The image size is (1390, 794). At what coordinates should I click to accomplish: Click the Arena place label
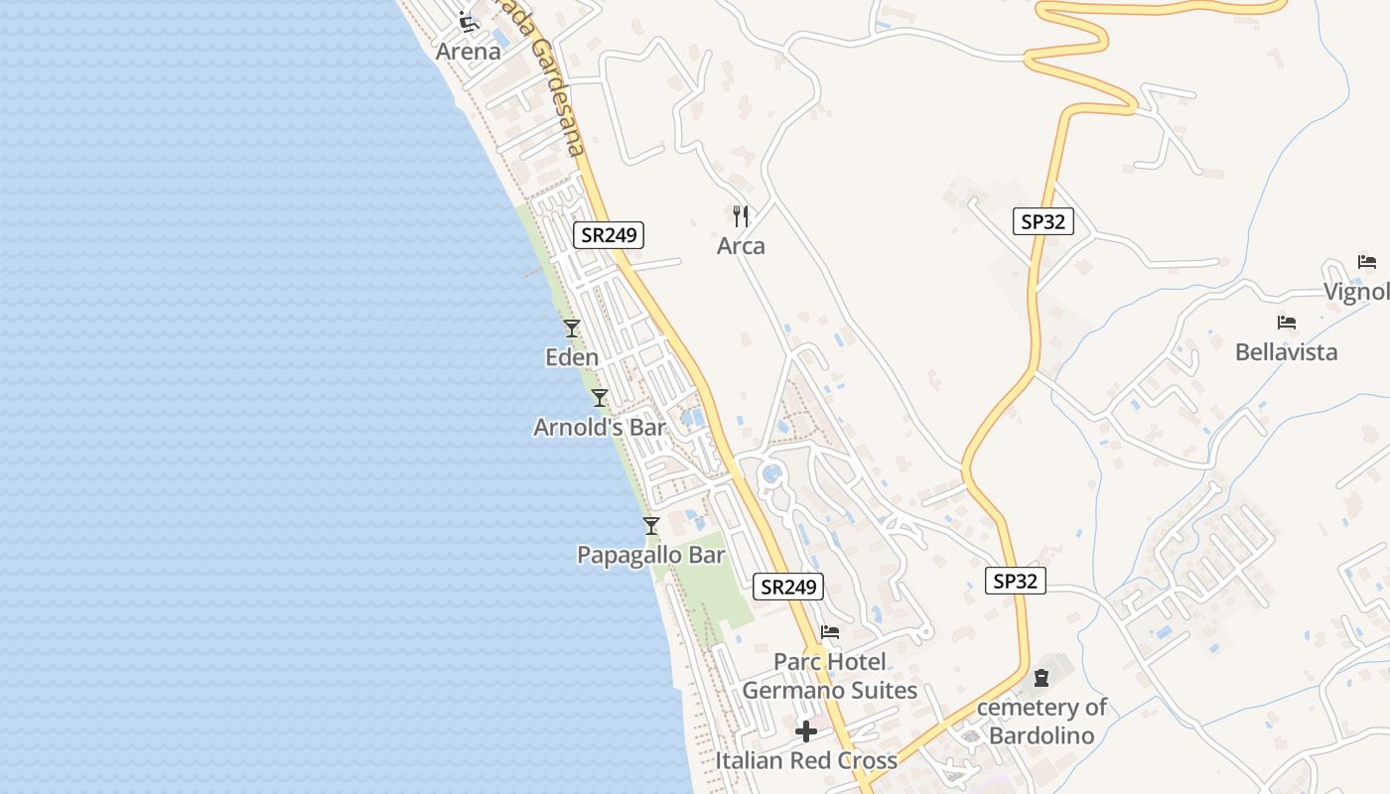coord(468,51)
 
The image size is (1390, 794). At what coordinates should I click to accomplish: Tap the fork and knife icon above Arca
coord(741,216)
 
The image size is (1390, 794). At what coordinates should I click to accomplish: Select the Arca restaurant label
coord(741,246)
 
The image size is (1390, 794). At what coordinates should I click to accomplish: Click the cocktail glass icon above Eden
coord(571,328)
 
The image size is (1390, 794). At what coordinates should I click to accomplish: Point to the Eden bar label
coord(572,357)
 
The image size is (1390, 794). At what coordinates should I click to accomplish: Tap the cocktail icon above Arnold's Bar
coord(599,398)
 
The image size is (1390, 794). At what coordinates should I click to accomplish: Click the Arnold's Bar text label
coord(599,427)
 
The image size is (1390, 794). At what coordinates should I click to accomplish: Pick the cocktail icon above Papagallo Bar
coord(651,525)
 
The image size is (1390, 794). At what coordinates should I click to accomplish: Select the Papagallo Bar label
coord(651,555)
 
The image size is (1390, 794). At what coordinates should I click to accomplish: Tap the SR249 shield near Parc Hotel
coord(788,587)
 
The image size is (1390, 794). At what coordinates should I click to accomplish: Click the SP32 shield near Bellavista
coord(1042,221)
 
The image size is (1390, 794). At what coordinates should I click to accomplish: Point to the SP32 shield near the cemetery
coord(1015,581)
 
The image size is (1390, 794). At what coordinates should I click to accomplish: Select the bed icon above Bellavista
coord(1287,323)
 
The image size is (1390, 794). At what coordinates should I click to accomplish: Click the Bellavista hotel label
coord(1286,352)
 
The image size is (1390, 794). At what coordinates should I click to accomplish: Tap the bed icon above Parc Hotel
coord(830,631)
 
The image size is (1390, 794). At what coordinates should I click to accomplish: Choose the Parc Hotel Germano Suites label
coord(830,676)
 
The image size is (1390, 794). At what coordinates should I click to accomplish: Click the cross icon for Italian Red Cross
coord(806,731)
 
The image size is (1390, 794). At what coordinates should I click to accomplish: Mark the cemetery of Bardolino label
coord(1042,722)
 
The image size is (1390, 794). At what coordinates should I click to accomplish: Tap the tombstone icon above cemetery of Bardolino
coord(1041,679)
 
